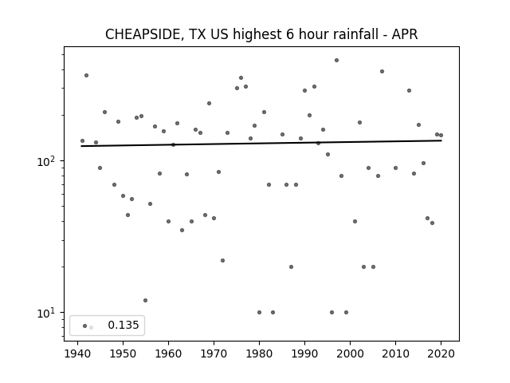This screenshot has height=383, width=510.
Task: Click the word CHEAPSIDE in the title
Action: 143,34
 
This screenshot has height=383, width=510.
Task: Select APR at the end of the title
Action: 405,34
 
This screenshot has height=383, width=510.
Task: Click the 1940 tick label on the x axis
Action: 77,353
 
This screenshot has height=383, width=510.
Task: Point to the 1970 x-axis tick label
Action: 214,353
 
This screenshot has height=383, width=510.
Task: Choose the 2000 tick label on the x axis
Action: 350,353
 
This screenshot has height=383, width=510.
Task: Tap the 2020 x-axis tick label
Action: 441,353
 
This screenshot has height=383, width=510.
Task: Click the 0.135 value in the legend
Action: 124,325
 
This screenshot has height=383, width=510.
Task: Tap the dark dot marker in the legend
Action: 85,326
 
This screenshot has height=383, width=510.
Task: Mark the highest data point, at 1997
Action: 336,61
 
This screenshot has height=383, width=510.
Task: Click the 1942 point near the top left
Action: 87,76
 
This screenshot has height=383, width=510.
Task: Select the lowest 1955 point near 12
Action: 145,300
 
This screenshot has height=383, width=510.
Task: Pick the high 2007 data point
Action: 382,71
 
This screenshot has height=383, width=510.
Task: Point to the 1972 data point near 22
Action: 223,261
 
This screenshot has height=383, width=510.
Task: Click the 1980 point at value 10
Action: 259,312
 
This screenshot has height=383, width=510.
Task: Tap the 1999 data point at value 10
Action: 346,312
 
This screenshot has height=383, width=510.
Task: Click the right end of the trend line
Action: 441,140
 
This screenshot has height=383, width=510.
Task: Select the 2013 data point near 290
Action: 409,90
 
